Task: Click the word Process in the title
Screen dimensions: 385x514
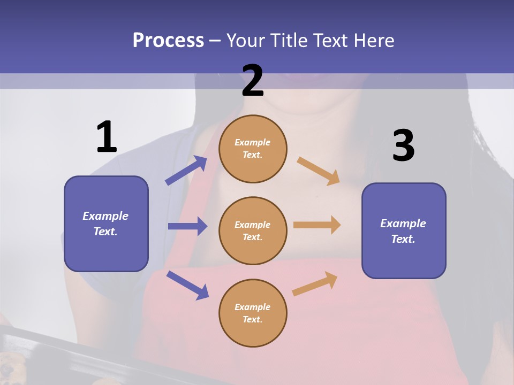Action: tap(168, 40)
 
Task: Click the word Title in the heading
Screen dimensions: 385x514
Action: tap(288, 40)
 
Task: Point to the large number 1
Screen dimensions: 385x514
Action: tap(107, 137)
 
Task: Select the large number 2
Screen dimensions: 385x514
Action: tap(253, 81)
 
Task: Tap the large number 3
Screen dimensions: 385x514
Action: tap(403, 146)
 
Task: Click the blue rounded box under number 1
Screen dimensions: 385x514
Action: tap(106, 224)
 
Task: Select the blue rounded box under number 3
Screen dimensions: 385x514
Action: tap(404, 230)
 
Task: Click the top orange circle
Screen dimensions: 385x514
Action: tap(253, 148)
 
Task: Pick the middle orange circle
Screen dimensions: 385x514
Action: tap(253, 230)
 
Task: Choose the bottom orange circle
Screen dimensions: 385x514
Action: tap(253, 313)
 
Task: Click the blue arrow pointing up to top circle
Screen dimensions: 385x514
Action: tap(186, 171)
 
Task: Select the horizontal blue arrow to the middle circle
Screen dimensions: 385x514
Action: tap(187, 226)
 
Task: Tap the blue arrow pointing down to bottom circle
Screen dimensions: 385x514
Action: tap(187, 285)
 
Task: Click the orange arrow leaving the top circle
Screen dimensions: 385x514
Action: tap(319, 171)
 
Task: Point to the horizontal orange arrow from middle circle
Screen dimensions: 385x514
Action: tap(317, 225)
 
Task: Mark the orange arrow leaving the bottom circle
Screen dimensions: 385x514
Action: tap(315, 284)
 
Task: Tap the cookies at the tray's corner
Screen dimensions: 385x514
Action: tap(7, 369)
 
